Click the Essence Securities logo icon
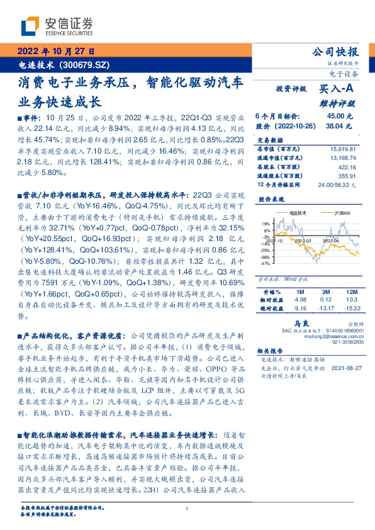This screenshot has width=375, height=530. (29, 26)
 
